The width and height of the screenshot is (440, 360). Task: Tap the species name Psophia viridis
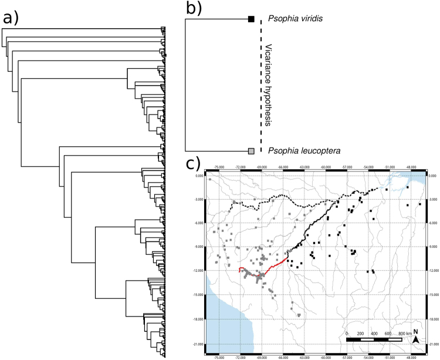tap(290, 19)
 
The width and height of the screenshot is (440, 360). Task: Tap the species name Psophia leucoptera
tap(296, 152)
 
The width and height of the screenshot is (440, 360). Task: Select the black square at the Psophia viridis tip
tap(251, 19)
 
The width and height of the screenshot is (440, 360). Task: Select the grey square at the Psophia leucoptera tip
tap(251, 152)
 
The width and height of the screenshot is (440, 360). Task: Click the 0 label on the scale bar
tap(347, 334)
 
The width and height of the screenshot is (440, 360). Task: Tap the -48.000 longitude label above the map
tap(411, 167)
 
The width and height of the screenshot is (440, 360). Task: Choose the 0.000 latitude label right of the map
tap(433, 176)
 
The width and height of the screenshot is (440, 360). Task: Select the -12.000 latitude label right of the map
tap(433, 271)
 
